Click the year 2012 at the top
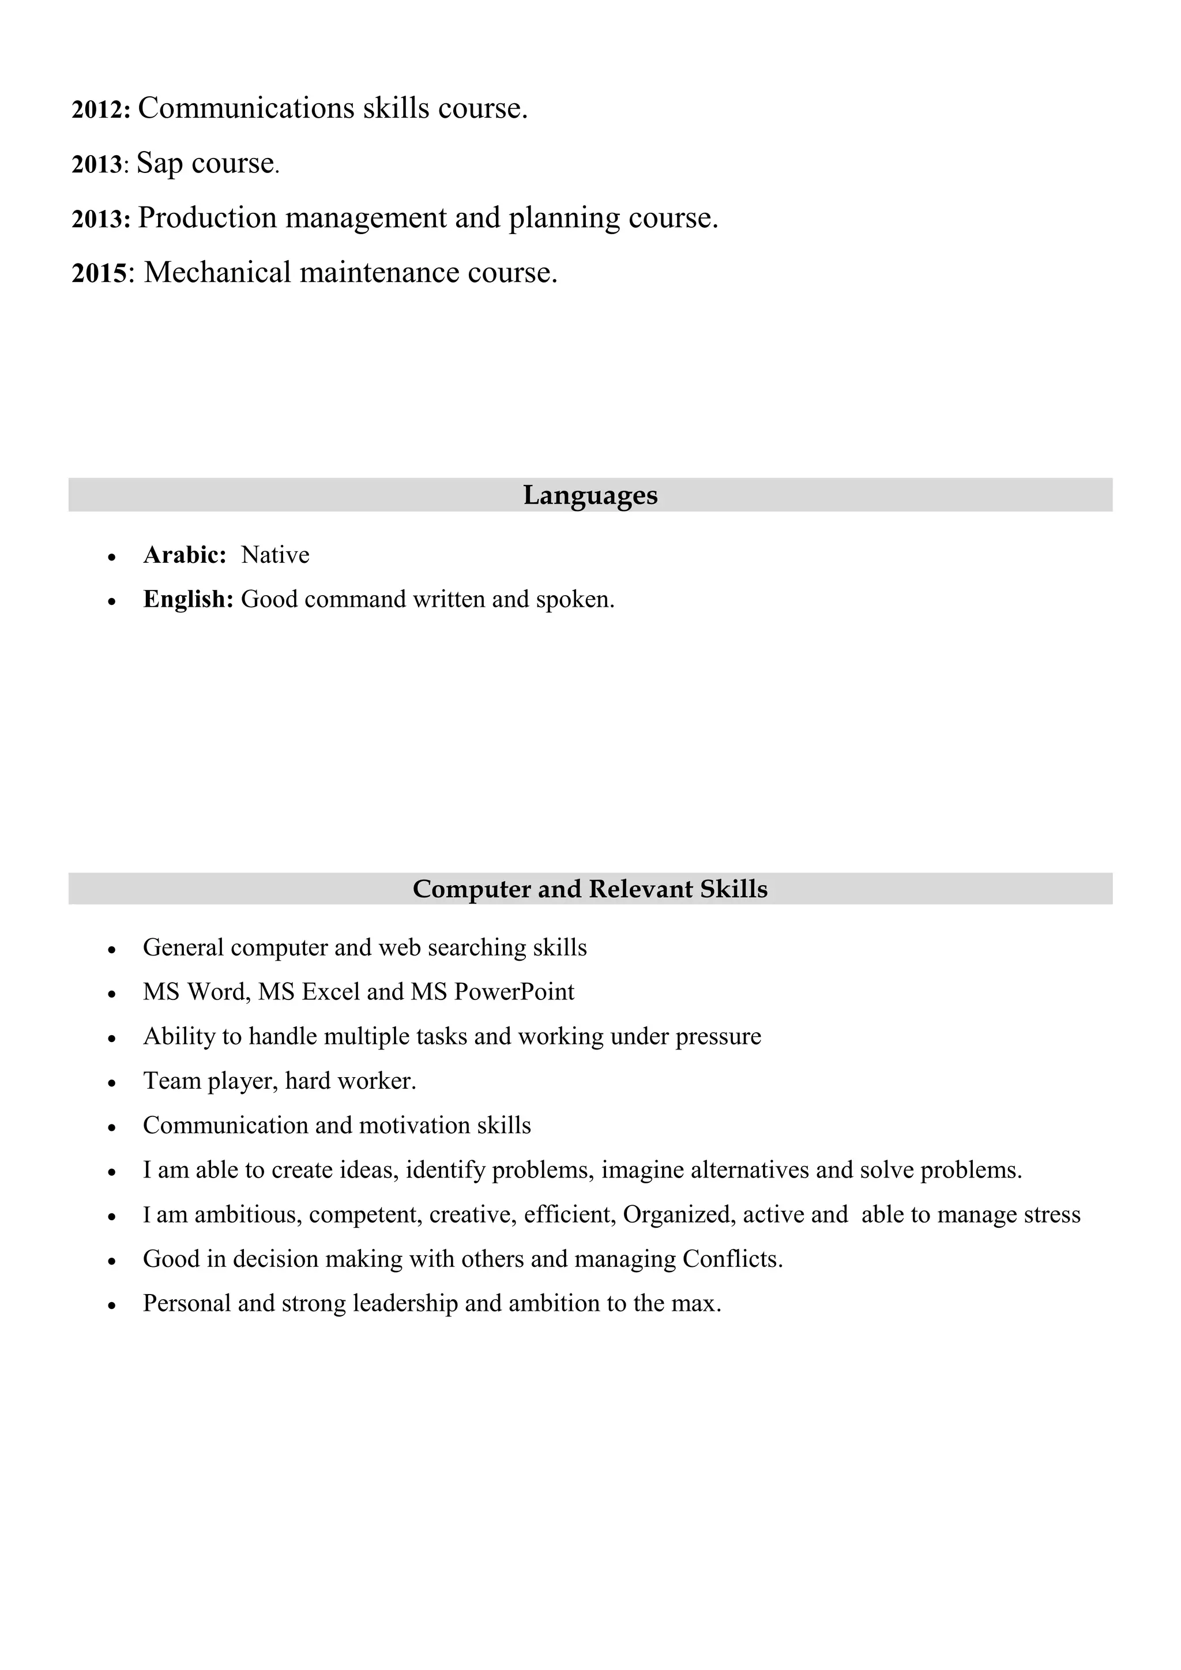[100, 110]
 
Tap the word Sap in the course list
[159, 163]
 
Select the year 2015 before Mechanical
[99, 273]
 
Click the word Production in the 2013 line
[207, 217]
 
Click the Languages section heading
[590, 495]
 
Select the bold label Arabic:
[185, 555]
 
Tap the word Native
[275, 555]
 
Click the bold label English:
[187, 599]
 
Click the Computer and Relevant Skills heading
[590, 889]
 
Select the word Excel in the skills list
[331, 992]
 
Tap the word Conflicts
[732, 1259]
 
